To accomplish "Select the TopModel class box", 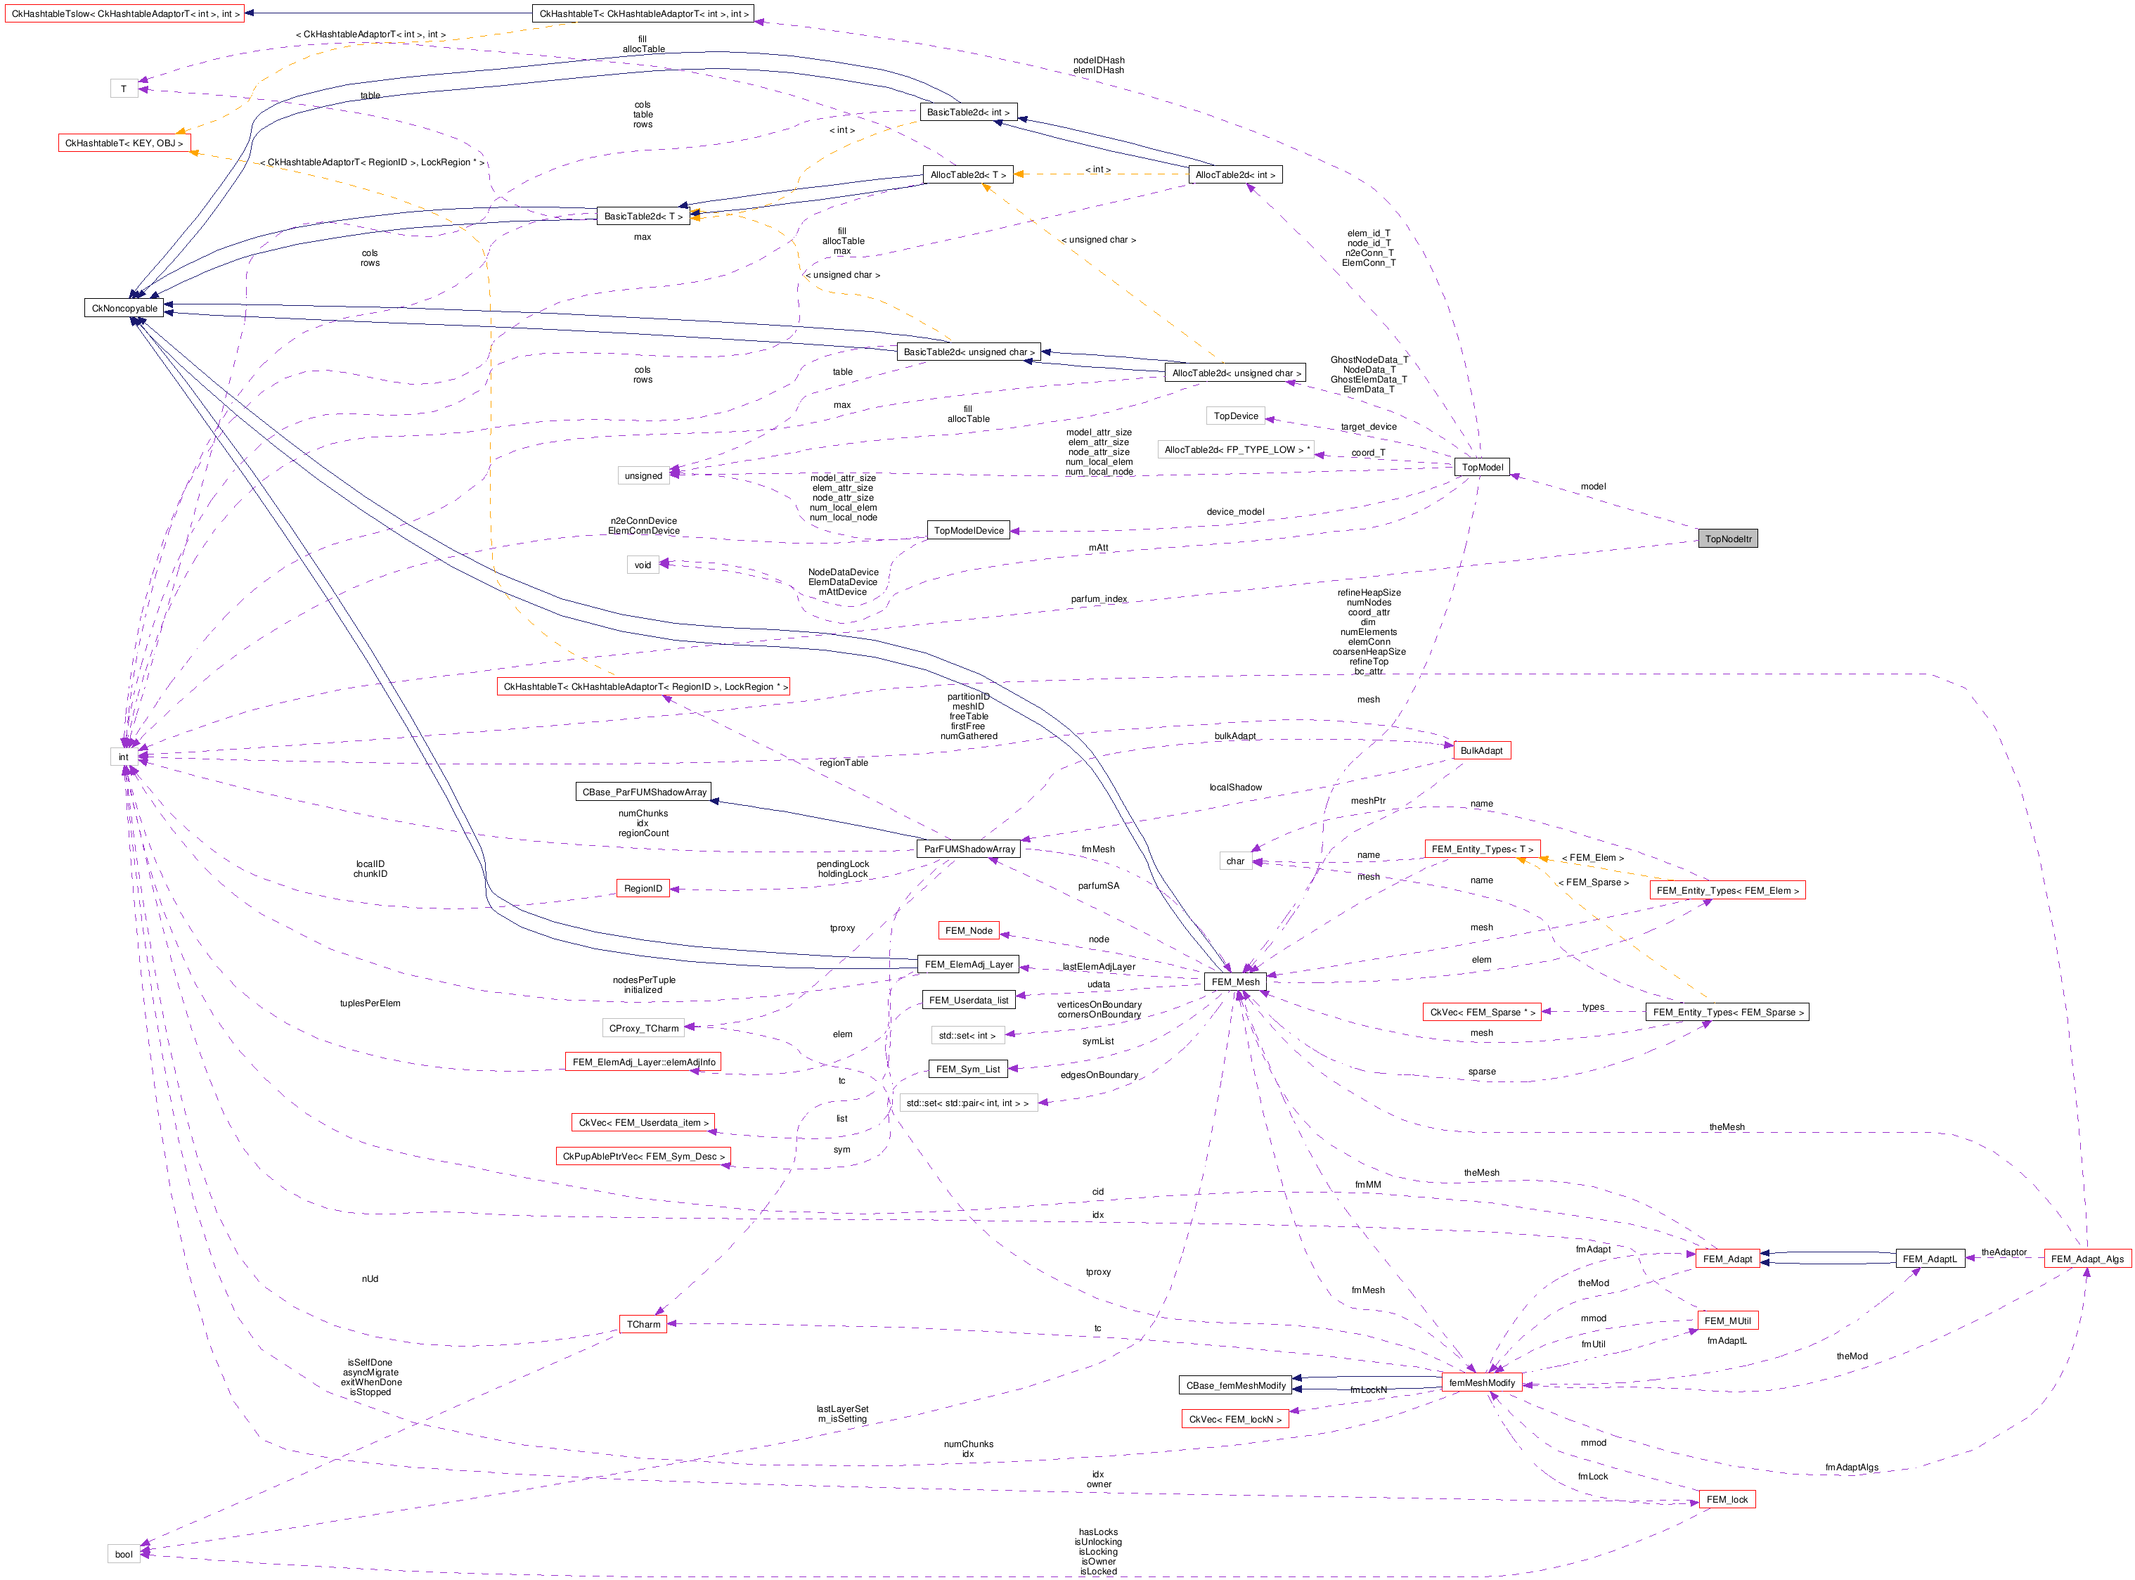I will point(1482,467).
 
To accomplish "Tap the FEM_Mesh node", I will point(1235,982).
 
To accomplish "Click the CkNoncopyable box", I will point(124,308).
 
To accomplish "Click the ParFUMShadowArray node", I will point(969,848).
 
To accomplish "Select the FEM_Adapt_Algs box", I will point(2086,1259).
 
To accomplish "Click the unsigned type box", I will point(643,475).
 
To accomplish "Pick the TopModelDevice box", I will point(969,530).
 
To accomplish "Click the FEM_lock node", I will point(1726,1498).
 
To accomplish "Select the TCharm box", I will point(643,1323).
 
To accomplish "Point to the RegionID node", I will point(643,889).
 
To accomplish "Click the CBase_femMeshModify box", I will point(1235,1385).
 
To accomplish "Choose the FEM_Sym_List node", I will point(967,1070).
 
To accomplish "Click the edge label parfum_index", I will point(1099,598).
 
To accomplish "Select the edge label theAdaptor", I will point(2003,1252).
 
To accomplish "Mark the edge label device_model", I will point(1234,512).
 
